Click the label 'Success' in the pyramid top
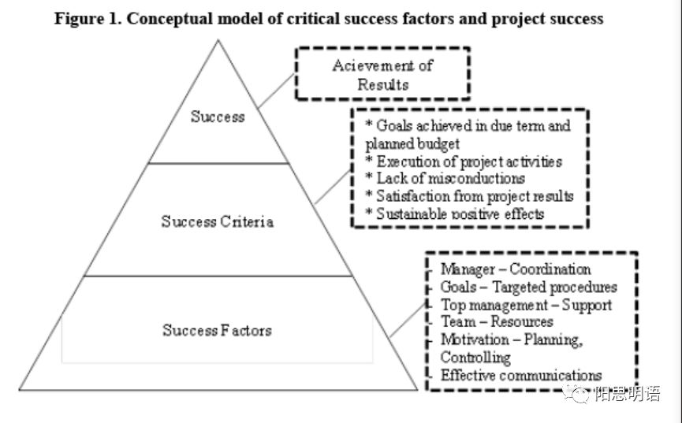[218, 117]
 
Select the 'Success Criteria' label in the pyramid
[218, 221]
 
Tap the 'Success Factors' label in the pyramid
[217, 330]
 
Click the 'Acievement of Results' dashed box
[382, 49]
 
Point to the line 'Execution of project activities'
[464, 161]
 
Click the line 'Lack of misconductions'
[445, 178]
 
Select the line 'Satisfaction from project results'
[469, 196]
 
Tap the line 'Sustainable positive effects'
[454, 214]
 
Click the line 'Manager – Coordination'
[516, 269]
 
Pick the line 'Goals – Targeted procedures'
[529, 287]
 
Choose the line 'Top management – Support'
[527, 305]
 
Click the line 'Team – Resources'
[497, 321]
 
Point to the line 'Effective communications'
[521, 375]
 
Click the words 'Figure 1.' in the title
[88, 19]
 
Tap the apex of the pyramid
[218, 40]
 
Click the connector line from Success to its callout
[277, 91]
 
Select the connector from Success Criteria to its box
[333, 187]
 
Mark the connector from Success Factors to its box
[408, 320]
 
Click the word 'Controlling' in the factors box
[475, 358]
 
